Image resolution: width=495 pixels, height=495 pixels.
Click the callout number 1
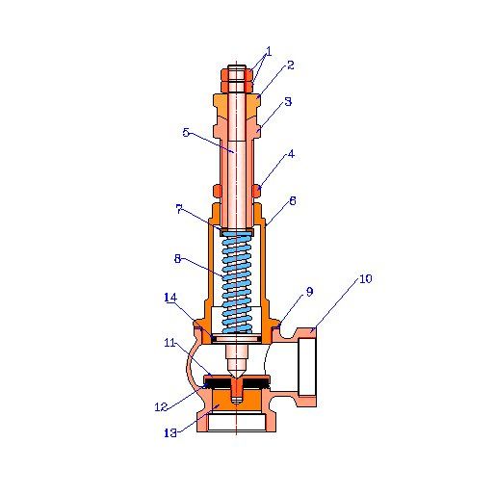coord(269,51)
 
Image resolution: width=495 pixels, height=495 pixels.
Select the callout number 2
coord(291,65)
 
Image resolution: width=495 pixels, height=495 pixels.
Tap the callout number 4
coord(291,154)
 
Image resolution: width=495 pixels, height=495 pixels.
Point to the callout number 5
coord(186,132)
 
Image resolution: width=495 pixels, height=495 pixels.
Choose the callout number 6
coord(293,201)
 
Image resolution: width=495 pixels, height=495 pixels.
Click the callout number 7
coord(179,209)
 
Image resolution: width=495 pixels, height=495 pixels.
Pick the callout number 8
coord(177,258)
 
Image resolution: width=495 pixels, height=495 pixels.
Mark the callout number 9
coord(309,292)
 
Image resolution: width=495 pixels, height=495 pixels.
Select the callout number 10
coord(365,278)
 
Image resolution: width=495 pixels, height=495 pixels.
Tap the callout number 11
coord(169,343)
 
